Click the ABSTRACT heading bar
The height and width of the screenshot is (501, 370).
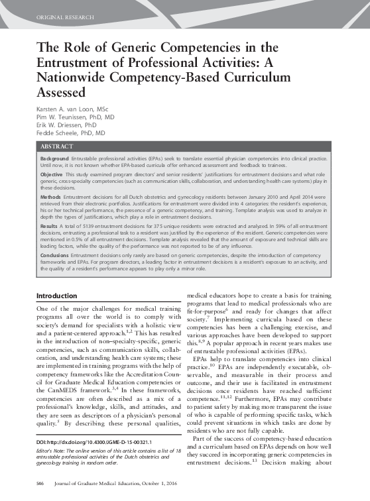[56, 145]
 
